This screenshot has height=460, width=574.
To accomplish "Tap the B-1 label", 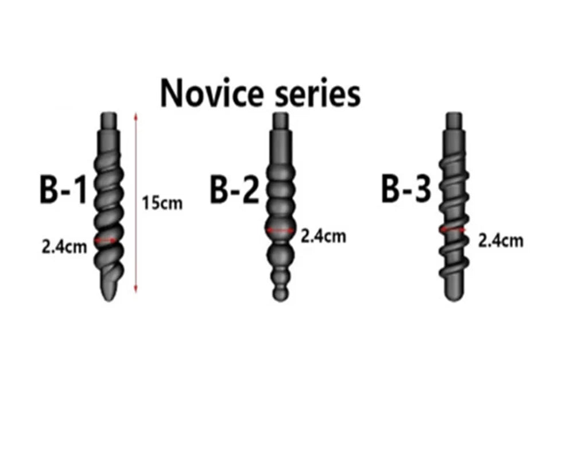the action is pos(63,190).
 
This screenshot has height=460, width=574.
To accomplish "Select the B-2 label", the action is pos(235,190).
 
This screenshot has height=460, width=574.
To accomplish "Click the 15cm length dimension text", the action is pos(162,203).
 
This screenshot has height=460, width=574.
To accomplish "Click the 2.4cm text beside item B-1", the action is pos(64,247).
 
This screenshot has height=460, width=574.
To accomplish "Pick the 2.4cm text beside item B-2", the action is pos(323,236).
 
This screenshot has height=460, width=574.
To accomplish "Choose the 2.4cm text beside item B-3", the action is pos(501,241).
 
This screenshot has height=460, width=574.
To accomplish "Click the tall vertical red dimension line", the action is pos(136,203).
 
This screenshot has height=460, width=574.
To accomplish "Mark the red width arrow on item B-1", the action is pos(106,241).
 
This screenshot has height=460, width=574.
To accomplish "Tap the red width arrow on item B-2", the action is pos(280,231).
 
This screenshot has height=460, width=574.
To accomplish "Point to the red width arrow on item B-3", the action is pos(453,229).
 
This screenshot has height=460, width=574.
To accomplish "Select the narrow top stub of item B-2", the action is pos(281,121).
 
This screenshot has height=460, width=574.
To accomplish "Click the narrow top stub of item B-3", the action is pos(454,121).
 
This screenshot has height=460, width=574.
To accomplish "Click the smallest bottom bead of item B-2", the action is pos(281,294).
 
